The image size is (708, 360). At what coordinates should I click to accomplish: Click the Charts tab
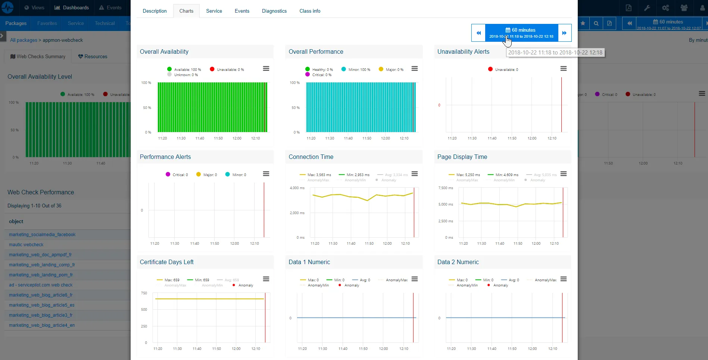point(186,11)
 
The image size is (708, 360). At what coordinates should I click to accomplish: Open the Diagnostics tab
point(274,11)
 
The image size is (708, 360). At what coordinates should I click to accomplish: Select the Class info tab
point(310,11)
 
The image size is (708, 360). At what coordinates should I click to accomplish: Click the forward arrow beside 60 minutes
point(564,33)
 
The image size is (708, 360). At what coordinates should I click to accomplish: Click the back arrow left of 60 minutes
point(478,33)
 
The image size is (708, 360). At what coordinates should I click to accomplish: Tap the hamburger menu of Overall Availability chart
point(266,69)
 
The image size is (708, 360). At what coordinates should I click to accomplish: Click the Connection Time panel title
point(311,157)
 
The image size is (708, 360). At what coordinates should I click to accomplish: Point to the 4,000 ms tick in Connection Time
point(297,188)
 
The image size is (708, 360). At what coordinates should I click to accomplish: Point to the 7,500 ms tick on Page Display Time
point(446,188)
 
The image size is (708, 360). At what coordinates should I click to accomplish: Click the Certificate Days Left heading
point(166,262)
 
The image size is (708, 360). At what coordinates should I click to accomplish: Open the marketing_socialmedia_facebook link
point(42,235)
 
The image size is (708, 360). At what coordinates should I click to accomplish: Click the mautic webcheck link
point(26,245)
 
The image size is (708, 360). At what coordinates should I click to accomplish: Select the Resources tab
point(93,57)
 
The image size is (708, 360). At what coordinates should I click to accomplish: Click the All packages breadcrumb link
point(24,40)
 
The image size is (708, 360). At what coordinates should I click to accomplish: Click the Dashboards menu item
point(72,8)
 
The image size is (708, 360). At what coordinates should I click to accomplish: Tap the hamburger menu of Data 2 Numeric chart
point(564,279)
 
